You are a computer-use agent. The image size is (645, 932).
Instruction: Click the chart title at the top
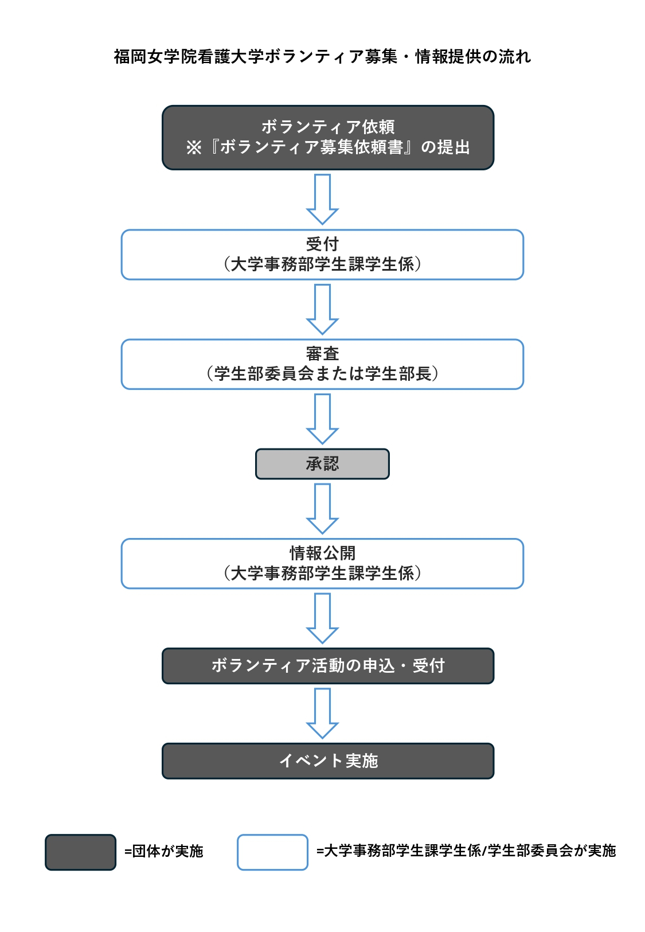tap(322, 57)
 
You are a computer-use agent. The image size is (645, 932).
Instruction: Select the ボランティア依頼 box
tap(328, 137)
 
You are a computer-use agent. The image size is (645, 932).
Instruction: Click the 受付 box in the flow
tap(322, 254)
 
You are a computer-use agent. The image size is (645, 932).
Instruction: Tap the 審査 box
tap(322, 364)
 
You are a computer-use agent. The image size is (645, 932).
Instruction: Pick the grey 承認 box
tap(322, 463)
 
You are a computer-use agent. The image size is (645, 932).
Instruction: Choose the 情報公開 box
tap(322, 563)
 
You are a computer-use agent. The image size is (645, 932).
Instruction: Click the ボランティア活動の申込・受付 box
tap(328, 666)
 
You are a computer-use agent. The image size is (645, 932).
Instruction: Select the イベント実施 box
tap(328, 761)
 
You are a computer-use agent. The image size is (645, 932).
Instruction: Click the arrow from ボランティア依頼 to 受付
tap(322, 199)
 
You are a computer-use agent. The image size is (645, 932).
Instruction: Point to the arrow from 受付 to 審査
tap(322, 309)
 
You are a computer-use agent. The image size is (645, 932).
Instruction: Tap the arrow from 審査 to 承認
tap(322, 419)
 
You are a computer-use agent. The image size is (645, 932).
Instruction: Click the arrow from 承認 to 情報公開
tap(322, 508)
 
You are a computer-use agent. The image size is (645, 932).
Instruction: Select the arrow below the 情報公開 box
tap(322, 618)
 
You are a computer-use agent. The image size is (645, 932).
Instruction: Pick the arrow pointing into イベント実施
tap(322, 713)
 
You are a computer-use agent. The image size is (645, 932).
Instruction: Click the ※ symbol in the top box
tap(193, 147)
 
